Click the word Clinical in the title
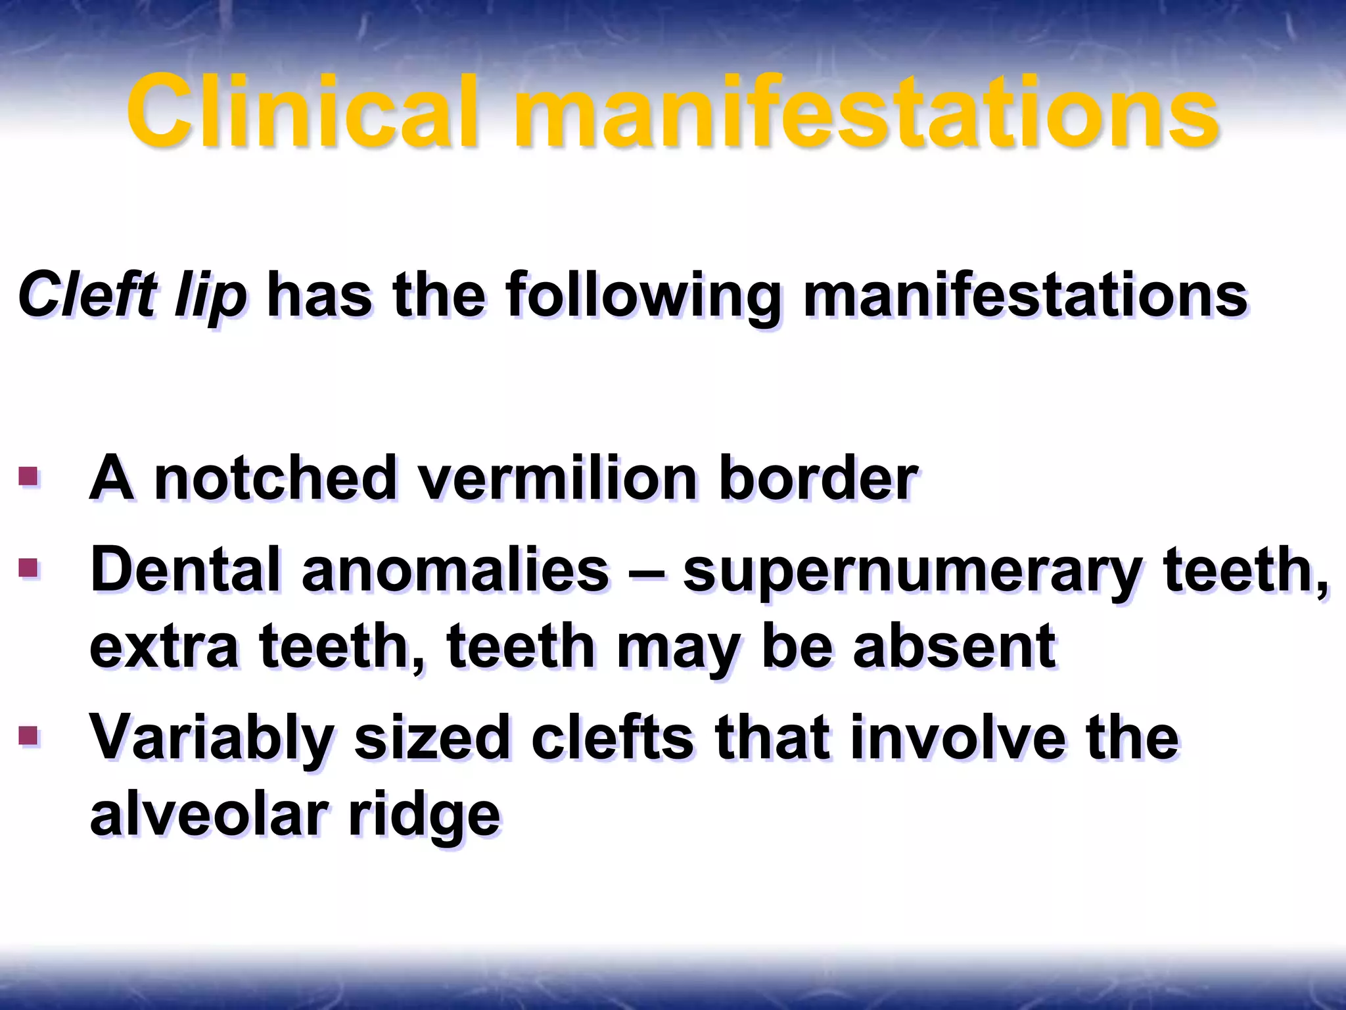pyautogui.click(x=302, y=112)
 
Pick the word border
pyautogui.click(x=818, y=478)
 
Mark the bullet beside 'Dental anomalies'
pyautogui.click(x=28, y=567)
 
